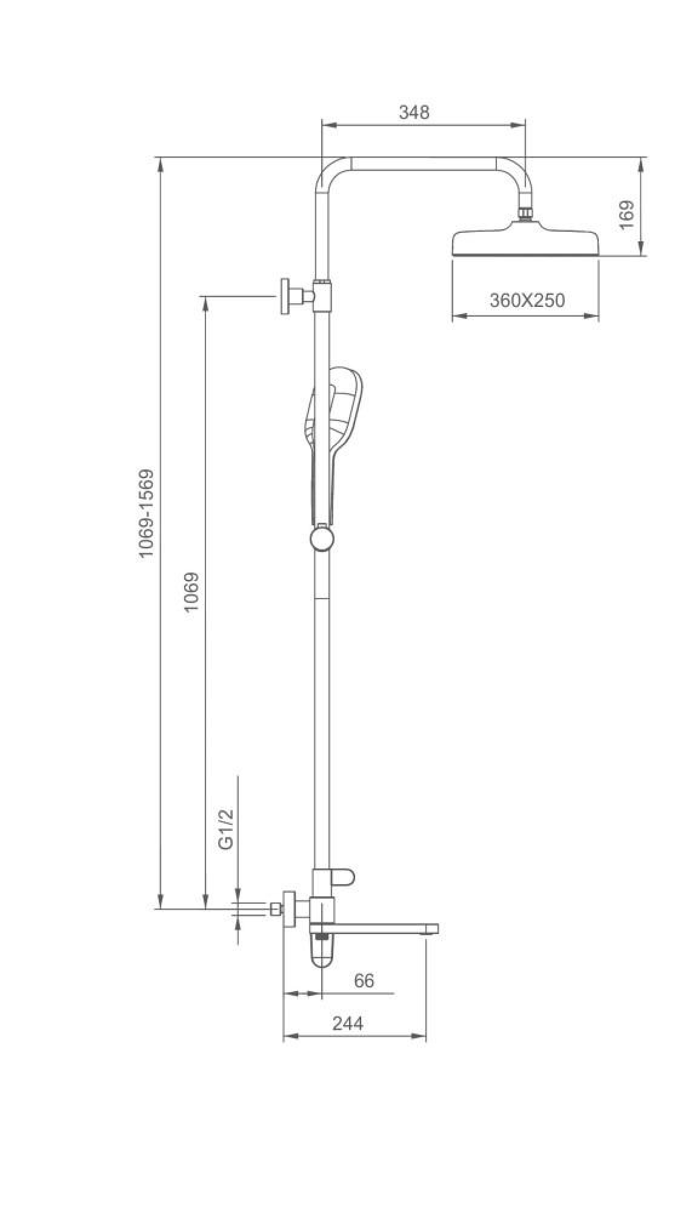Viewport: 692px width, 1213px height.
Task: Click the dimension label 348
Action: [414, 113]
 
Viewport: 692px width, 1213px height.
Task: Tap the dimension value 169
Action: [627, 214]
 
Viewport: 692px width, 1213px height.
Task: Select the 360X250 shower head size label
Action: [527, 300]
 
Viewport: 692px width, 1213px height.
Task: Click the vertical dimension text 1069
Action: [192, 592]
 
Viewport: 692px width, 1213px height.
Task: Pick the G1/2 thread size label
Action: [227, 829]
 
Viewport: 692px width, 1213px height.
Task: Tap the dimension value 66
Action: [364, 981]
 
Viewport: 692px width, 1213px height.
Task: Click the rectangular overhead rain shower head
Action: [525, 243]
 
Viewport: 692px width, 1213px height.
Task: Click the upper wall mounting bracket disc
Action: [285, 297]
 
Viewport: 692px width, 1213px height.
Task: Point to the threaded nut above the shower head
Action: [525, 213]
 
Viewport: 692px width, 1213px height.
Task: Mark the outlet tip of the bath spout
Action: [431, 928]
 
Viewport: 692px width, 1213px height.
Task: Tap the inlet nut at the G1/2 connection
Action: [276, 909]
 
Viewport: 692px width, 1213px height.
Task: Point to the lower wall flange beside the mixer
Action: [289, 909]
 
